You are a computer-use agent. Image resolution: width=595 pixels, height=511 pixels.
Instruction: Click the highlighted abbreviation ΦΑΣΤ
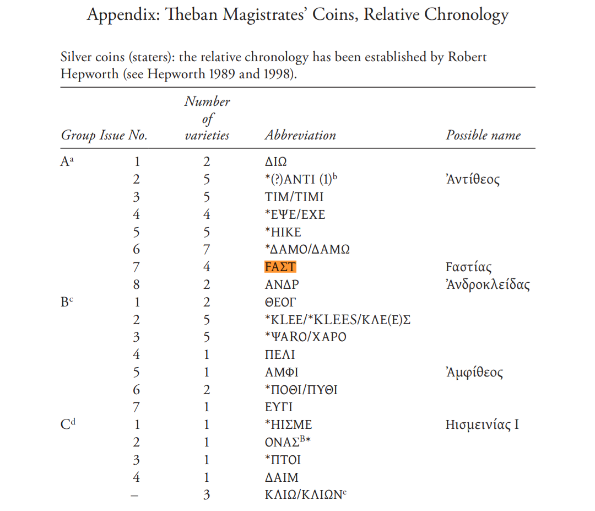(x=280, y=267)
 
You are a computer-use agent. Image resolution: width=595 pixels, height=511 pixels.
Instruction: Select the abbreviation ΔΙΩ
(x=275, y=162)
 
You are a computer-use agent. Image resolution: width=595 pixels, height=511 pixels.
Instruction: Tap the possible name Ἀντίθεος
(x=473, y=180)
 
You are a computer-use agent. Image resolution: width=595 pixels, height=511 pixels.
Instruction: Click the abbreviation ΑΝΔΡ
(x=282, y=285)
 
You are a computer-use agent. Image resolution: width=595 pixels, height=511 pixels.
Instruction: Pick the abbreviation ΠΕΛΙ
(x=280, y=355)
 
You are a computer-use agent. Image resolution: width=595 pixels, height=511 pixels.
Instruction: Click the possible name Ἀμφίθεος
(x=474, y=373)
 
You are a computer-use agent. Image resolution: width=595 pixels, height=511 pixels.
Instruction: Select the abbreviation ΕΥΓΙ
(x=278, y=408)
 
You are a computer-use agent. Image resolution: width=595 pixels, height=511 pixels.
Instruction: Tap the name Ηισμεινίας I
(x=482, y=425)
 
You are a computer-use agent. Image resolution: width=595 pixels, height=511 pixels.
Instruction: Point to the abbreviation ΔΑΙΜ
(x=282, y=477)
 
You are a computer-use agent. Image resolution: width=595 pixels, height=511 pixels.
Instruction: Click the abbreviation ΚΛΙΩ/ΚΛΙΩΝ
(x=304, y=494)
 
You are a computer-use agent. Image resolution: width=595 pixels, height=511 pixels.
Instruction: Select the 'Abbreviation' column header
(x=300, y=136)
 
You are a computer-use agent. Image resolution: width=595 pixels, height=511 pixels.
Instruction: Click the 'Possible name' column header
(x=483, y=136)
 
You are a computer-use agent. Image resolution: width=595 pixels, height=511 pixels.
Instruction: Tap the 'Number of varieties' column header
(x=207, y=119)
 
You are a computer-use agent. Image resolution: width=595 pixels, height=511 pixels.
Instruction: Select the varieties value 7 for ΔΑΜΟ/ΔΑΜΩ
(x=207, y=250)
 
